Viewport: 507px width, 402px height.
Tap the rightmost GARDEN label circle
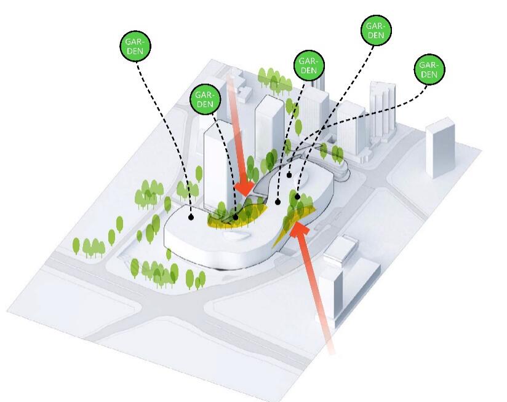point(429,69)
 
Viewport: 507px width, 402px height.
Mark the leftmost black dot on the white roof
point(191,217)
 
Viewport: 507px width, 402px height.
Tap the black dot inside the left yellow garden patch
point(235,216)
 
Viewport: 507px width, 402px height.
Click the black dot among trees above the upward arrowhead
point(297,197)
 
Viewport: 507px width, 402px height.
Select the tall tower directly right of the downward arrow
point(269,132)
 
